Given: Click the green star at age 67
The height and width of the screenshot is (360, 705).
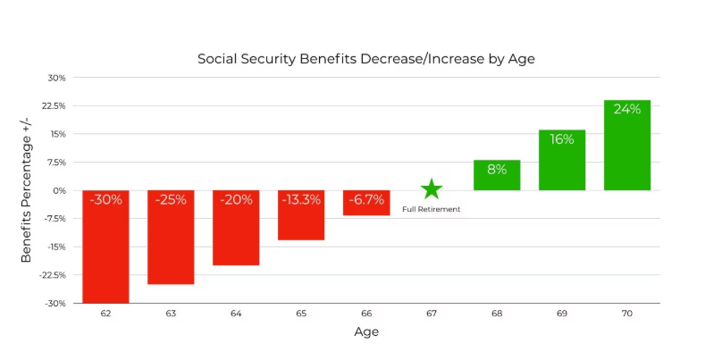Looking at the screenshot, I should pyautogui.click(x=432, y=188).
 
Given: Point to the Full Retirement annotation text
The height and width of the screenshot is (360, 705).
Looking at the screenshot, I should pyautogui.click(x=432, y=209).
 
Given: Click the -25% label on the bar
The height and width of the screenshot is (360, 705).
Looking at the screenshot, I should pyautogui.click(x=171, y=199).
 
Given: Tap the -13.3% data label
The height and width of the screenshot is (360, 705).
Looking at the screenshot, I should pyautogui.click(x=301, y=199).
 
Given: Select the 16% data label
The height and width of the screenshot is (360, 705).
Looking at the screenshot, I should pyautogui.click(x=562, y=138).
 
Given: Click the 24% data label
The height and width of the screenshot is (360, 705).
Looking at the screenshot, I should pyautogui.click(x=627, y=109).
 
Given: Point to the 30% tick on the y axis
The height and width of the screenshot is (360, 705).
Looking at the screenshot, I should pyautogui.click(x=57, y=78).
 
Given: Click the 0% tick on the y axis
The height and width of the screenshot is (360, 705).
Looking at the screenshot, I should pyautogui.click(x=60, y=190).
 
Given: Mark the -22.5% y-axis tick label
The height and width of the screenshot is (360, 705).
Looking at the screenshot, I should pyautogui.click(x=53, y=275).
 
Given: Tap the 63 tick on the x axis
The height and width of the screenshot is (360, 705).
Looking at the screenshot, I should pyautogui.click(x=171, y=314).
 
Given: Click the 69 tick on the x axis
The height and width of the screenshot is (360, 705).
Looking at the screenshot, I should pyautogui.click(x=562, y=314).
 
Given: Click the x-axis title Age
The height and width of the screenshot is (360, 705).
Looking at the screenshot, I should pyautogui.click(x=366, y=332).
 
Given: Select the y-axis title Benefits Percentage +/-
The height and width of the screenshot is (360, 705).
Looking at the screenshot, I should pyautogui.click(x=27, y=190).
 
